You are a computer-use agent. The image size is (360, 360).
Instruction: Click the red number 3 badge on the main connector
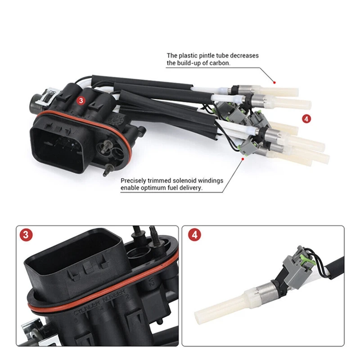(x=81, y=101)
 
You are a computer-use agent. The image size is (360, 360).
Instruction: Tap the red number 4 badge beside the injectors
(x=307, y=119)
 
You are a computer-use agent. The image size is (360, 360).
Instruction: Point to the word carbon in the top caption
(x=219, y=63)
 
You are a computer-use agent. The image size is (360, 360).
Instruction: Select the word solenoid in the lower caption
(x=185, y=180)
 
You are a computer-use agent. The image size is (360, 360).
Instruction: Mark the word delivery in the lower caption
(x=192, y=188)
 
